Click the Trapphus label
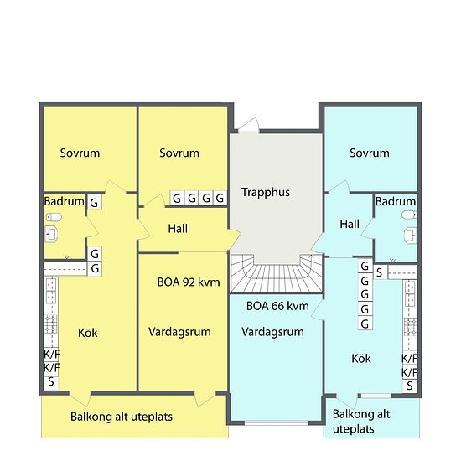pyautogui.click(x=266, y=192)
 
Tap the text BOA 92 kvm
pyautogui.click(x=189, y=282)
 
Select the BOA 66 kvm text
pyautogui.click(x=277, y=306)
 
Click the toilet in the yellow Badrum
pyautogui.click(x=54, y=217)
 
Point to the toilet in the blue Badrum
pyautogui.click(x=409, y=215)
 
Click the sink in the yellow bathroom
pyautogui.click(x=51, y=234)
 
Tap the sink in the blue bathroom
pyautogui.click(x=411, y=236)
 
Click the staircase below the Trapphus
pyautogui.click(x=277, y=273)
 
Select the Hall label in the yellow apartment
pyautogui.click(x=178, y=229)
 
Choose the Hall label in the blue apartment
pyautogui.click(x=350, y=225)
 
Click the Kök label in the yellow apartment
pyautogui.click(x=88, y=333)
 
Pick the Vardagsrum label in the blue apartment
pyautogui.click(x=272, y=332)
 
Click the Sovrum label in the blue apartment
pyautogui.click(x=370, y=153)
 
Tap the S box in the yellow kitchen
pyautogui.click(x=51, y=382)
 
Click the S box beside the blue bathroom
pyautogui.click(x=380, y=272)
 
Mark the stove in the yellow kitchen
pyautogui.click(x=50, y=324)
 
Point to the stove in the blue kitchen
pyautogui.click(x=410, y=327)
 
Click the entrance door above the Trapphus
pyautogui.click(x=248, y=125)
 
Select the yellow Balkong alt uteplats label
pyautogui.click(x=122, y=417)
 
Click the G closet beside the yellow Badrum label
pyautogui.click(x=95, y=202)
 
